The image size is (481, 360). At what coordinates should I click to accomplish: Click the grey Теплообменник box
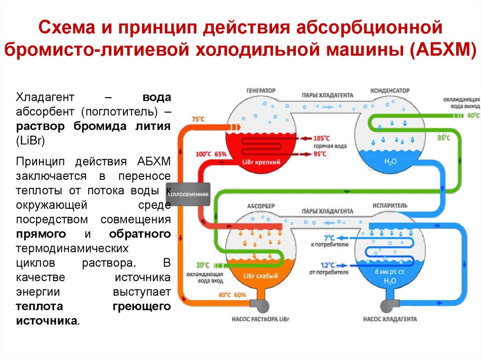(186, 193)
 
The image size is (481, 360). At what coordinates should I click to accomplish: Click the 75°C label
(199, 119)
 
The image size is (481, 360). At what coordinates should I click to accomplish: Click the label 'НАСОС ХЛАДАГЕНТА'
(390, 320)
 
